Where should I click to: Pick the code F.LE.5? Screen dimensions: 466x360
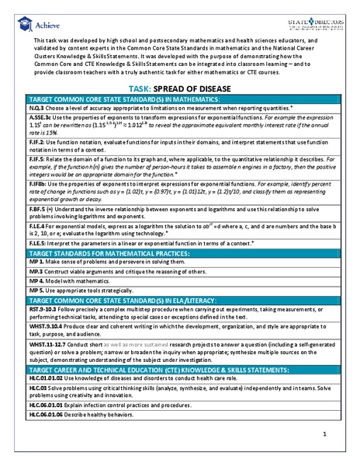[39, 264]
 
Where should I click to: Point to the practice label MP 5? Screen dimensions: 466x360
[37, 311]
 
